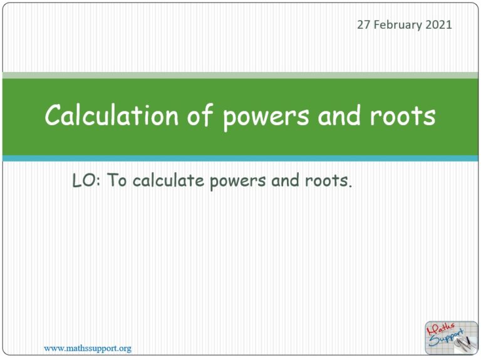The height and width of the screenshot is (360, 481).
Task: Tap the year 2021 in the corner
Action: [x=438, y=25]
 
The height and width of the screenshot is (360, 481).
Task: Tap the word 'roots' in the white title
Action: [x=405, y=117]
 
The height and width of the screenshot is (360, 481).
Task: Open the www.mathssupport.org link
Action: [x=87, y=348]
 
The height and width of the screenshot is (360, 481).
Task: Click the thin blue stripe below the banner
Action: [x=240, y=158]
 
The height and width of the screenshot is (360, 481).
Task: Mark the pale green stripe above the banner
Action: [x=240, y=75]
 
